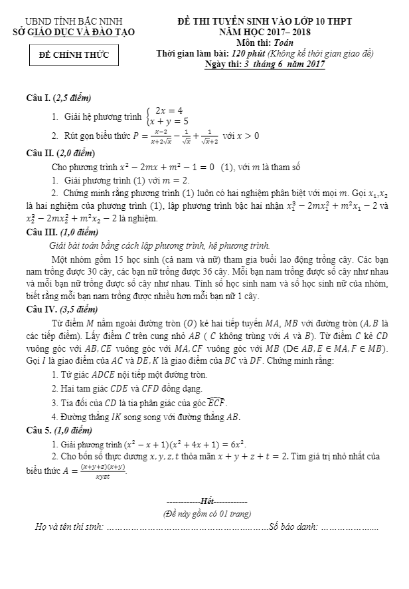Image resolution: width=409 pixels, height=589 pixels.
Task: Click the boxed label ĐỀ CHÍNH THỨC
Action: [74, 54]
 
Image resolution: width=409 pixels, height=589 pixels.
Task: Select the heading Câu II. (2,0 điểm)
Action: [60, 153]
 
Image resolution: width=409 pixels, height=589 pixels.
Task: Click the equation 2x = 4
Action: [169, 110]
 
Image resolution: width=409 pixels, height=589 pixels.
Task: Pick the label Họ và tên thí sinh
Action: [69, 527]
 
